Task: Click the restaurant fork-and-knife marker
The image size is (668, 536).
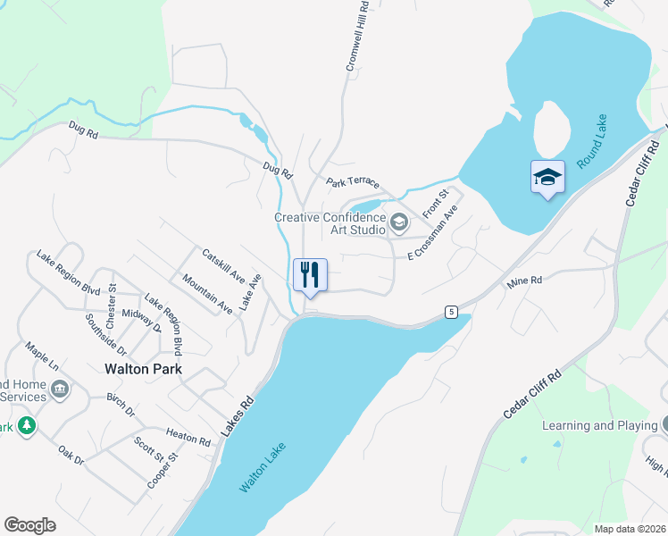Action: [x=310, y=275]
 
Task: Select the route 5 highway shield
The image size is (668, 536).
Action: [x=453, y=312]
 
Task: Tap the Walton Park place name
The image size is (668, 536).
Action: [x=143, y=368]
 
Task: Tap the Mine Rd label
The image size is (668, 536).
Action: [x=524, y=282]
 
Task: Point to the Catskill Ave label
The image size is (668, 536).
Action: [x=223, y=265]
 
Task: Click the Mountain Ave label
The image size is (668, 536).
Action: [x=207, y=294]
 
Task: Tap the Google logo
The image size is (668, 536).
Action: [x=29, y=525]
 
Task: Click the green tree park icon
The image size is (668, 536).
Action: [x=28, y=425]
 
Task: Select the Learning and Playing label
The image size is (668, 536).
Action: [x=599, y=425]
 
